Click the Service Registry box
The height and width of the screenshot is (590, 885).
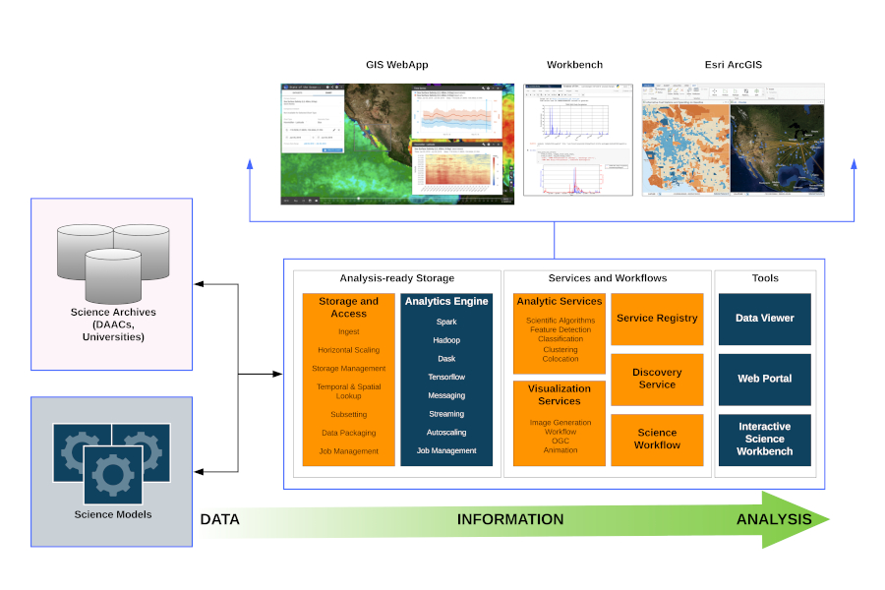(657, 319)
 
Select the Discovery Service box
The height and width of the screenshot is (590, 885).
(657, 379)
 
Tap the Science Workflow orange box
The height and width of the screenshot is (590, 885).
(657, 439)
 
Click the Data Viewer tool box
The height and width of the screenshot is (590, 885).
(764, 319)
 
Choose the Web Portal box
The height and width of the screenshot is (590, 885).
(764, 379)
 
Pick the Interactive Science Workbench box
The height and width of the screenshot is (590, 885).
(764, 439)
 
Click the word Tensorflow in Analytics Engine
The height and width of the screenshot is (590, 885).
(446, 378)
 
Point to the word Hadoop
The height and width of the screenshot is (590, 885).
(446, 340)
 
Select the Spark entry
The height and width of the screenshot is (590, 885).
(446, 322)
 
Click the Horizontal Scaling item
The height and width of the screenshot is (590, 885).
(348, 350)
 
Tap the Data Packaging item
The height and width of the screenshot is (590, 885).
(348, 433)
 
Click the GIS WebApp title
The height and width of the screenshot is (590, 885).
(397, 65)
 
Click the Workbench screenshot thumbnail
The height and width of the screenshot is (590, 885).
(577, 140)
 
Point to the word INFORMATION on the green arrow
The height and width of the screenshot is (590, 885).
(510, 519)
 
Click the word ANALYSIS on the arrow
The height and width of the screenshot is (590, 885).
(774, 519)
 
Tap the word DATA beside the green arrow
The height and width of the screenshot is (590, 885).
(220, 519)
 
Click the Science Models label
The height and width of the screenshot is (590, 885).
(113, 514)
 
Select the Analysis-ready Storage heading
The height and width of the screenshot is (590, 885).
(397, 278)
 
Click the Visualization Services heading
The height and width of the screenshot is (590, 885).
(560, 394)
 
